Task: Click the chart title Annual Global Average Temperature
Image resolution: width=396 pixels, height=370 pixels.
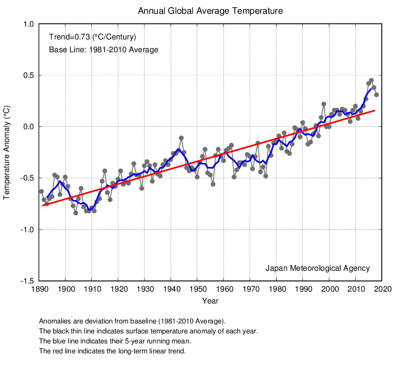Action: click(210, 10)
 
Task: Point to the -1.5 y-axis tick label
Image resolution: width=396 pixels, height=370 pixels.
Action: click(27, 281)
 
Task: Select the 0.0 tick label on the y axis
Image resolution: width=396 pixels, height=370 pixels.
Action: click(28, 127)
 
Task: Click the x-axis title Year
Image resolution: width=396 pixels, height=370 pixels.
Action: click(210, 301)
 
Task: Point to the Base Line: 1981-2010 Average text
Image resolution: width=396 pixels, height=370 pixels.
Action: click(104, 49)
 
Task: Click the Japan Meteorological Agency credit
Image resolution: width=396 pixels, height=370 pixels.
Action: click(318, 268)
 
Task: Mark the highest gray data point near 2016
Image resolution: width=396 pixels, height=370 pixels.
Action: click(371, 81)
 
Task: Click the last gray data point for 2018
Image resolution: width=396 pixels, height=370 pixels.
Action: click(377, 95)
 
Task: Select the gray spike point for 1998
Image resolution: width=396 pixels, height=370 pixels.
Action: click(324, 104)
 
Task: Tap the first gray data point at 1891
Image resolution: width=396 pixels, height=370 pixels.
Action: click(41, 191)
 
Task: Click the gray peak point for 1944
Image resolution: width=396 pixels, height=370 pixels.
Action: click(181, 138)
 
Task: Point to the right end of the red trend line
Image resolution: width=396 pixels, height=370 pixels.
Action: click(375, 110)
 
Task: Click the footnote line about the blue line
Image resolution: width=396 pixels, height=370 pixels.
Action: click(115, 341)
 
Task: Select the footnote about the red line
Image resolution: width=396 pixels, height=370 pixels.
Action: click(112, 351)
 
